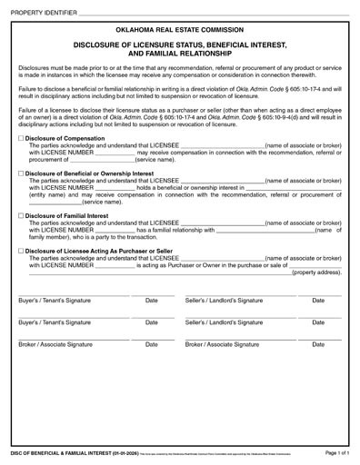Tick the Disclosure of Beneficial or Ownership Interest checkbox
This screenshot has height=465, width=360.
[x=21, y=172]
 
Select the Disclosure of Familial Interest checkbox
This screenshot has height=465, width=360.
[x=21, y=215]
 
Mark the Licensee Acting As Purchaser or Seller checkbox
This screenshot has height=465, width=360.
[x=21, y=250]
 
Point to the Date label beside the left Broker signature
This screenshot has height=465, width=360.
[x=152, y=345]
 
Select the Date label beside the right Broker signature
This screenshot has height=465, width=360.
[x=318, y=345]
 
